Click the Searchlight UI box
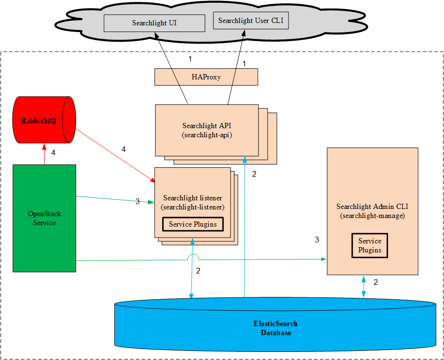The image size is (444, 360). (x=147, y=23)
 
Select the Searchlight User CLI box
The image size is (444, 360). (x=251, y=21)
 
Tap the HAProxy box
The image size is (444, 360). (x=206, y=77)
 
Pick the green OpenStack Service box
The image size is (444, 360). (x=44, y=218)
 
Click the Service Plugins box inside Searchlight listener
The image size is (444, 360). (x=193, y=224)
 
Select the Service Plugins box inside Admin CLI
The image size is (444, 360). (x=369, y=246)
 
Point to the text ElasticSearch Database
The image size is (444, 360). (x=275, y=328)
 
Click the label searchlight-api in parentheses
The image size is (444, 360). (x=207, y=135)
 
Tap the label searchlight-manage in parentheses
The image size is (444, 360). (x=372, y=216)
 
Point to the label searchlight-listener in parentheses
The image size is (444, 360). (x=193, y=207)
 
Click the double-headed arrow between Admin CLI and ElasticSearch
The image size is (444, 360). (x=364, y=286)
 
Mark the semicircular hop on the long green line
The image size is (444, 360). (x=193, y=258)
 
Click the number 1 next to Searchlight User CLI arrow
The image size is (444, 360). (x=244, y=64)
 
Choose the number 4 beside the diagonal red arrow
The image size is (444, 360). (x=123, y=150)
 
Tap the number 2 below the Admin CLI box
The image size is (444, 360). (x=376, y=283)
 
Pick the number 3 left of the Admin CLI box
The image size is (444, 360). (x=317, y=240)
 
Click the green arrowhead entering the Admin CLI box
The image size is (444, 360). (x=324, y=259)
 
